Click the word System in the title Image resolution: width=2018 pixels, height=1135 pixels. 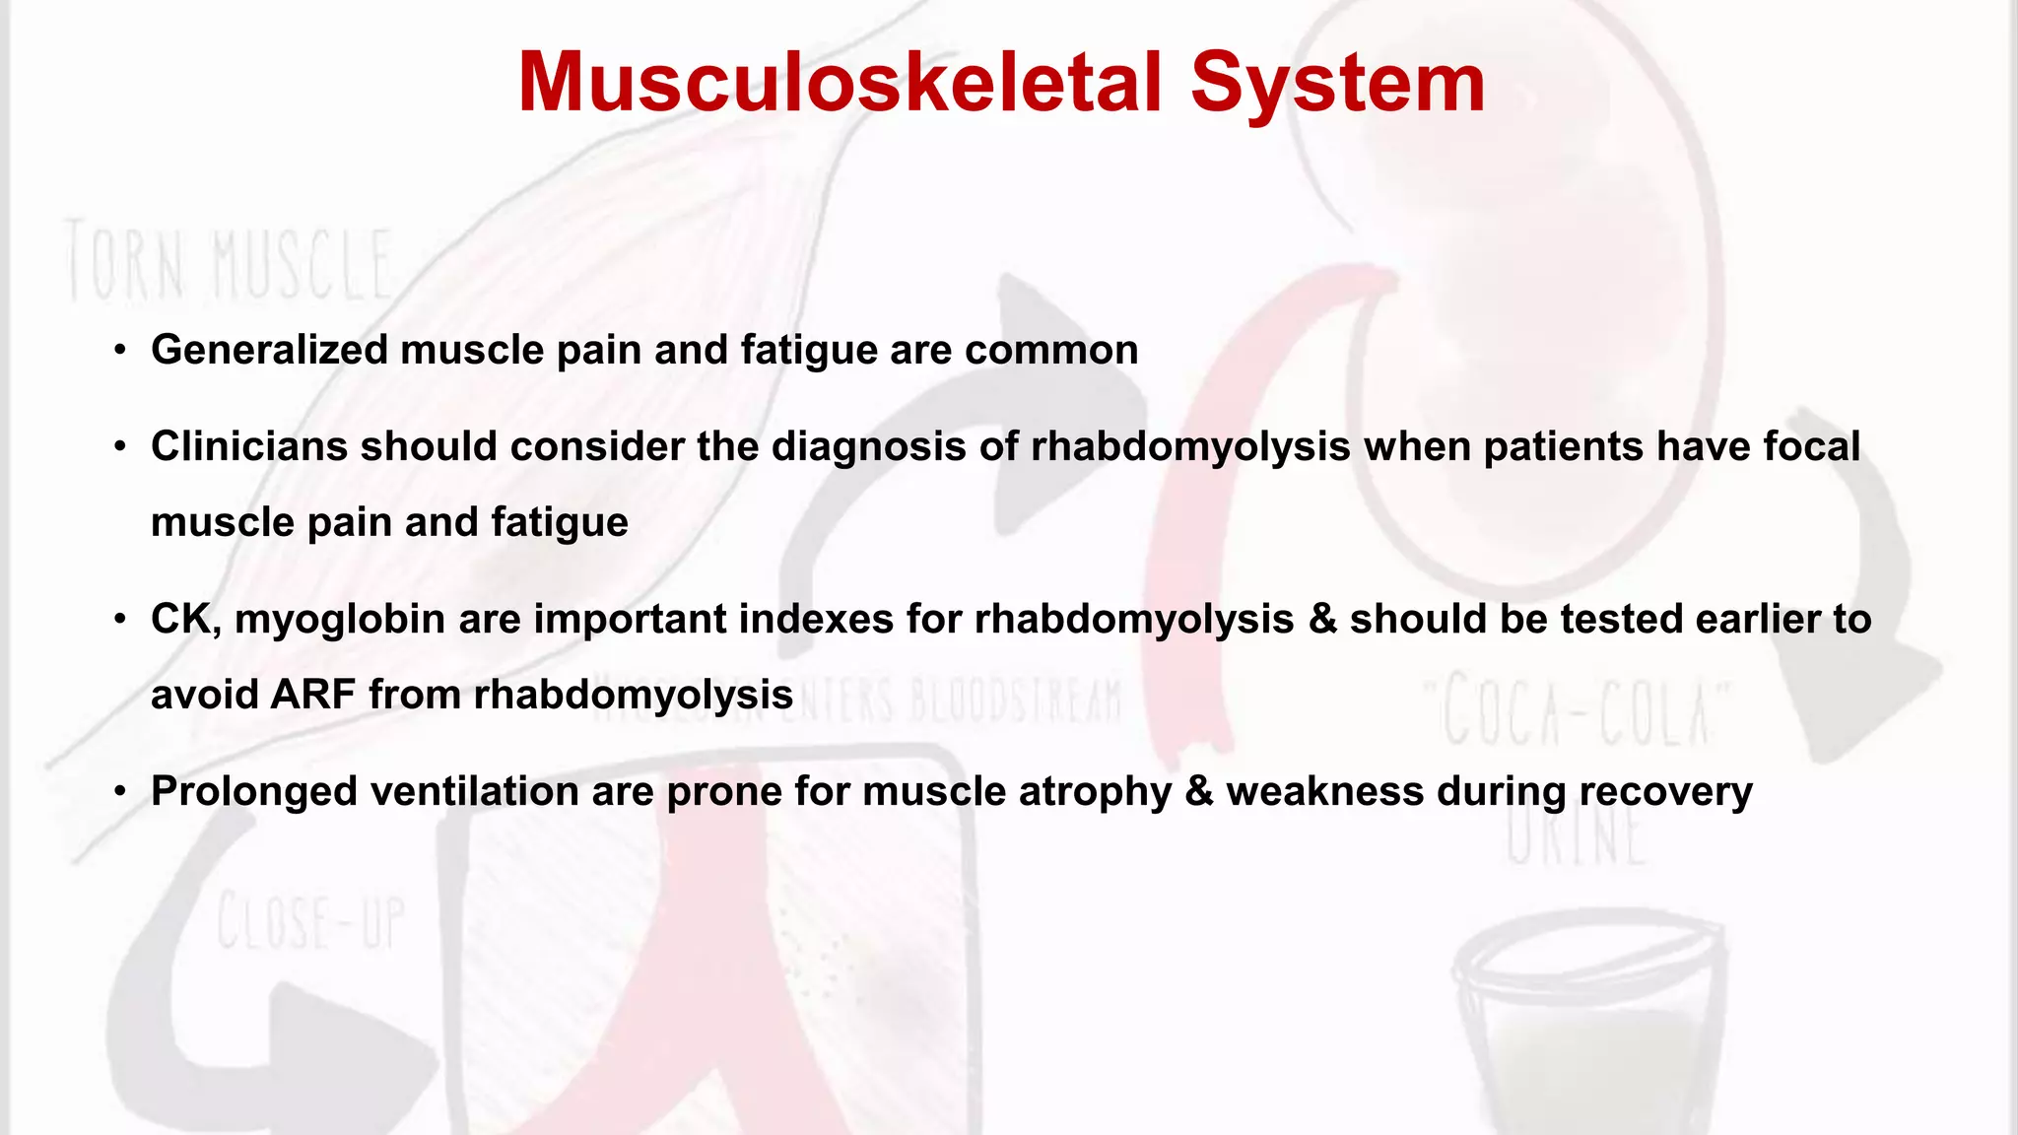coord(1337,83)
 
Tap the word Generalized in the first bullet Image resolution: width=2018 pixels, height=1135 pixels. coord(269,350)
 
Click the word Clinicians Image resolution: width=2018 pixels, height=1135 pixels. coord(248,446)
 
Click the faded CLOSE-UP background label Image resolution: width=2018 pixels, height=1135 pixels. coord(310,921)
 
